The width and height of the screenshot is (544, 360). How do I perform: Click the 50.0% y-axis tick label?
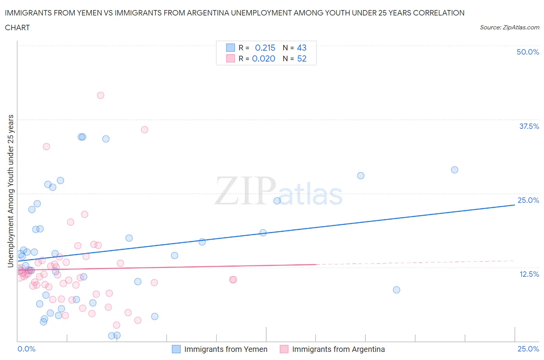click(528, 52)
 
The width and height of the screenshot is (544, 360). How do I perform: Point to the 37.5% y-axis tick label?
click(529, 126)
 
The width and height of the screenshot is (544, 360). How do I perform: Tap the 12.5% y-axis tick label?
click(529, 274)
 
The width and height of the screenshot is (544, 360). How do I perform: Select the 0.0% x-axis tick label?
click(26, 349)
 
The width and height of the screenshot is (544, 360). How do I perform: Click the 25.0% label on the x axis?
click(528, 349)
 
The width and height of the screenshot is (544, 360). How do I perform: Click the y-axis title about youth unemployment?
click(10, 191)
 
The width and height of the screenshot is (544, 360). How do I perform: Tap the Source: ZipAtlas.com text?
click(509, 27)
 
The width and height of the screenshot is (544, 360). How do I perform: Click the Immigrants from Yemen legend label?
click(226, 349)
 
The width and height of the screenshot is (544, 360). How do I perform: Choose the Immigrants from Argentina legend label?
click(338, 349)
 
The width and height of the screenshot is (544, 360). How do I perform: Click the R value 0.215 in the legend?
click(265, 48)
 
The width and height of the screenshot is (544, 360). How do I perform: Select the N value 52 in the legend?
click(301, 58)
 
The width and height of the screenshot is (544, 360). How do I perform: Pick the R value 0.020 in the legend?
click(263, 58)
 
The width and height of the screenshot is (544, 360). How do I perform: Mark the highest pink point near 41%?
click(101, 95)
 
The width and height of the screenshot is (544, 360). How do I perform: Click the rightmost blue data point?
click(455, 170)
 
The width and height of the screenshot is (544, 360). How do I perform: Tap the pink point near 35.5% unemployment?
click(144, 130)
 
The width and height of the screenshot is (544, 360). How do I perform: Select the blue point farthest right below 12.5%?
click(396, 290)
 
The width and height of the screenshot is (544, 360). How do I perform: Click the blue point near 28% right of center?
click(361, 176)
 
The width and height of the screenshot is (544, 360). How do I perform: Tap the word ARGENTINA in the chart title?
click(208, 13)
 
